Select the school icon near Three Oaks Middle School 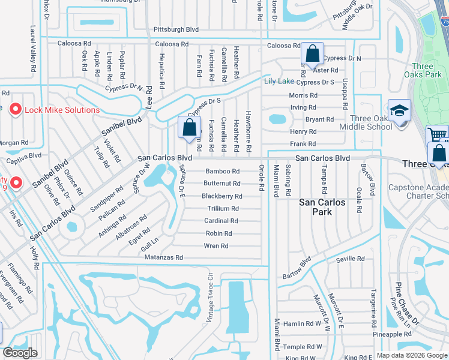click(x=399, y=112)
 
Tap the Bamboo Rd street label click(x=223, y=171)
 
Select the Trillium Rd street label click(x=223, y=209)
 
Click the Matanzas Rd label click(x=163, y=257)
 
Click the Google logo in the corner click(x=20, y=353)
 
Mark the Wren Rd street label click(x=216, y=246)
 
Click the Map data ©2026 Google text click(x=412, y=355)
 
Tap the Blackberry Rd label click(x=222, y=196)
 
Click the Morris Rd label click(x=303, y=95)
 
